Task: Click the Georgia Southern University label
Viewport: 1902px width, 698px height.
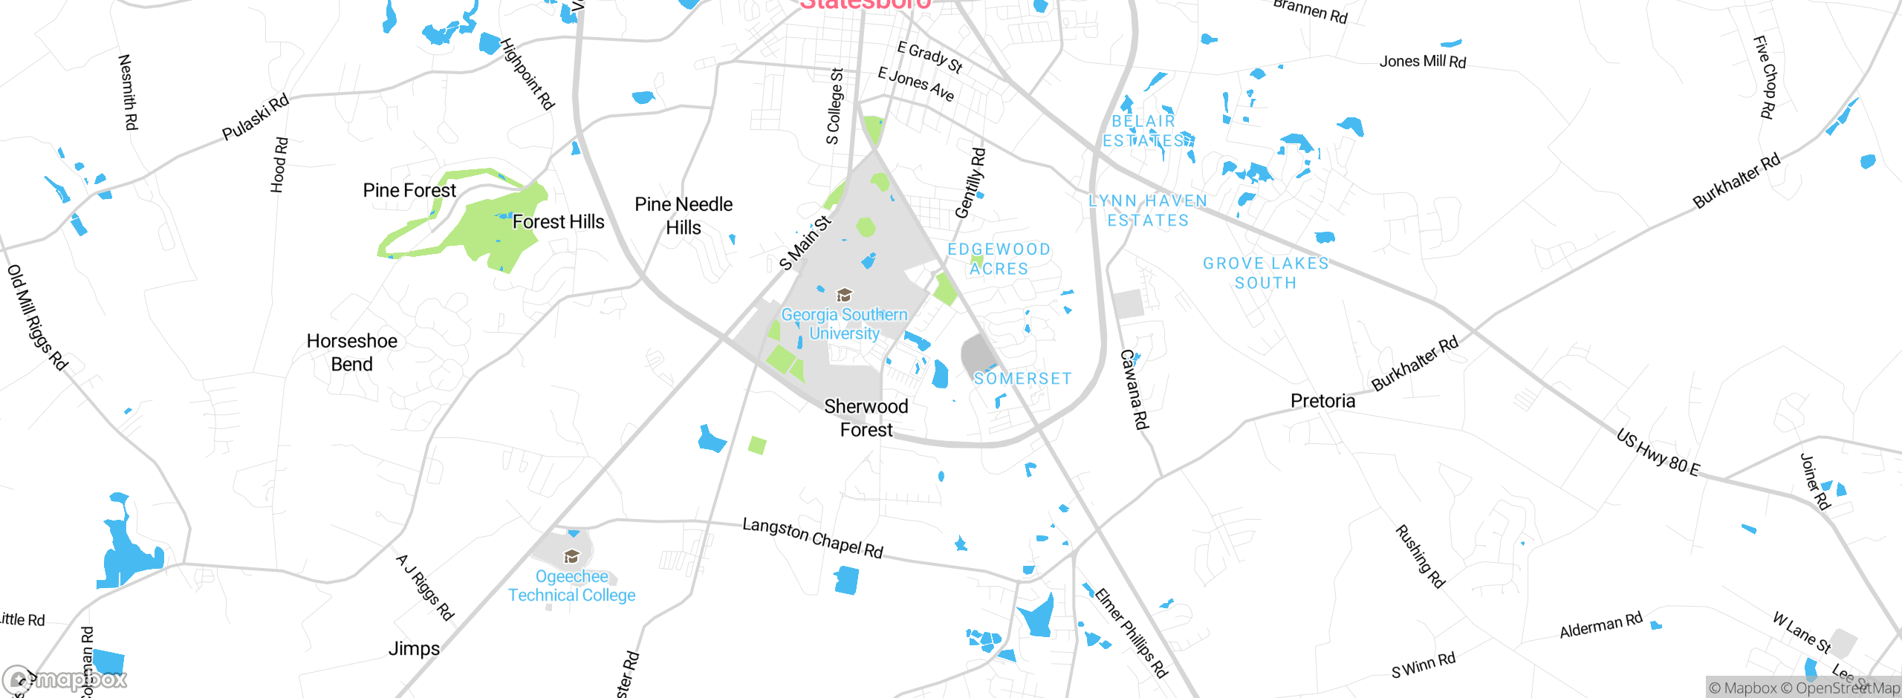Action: tap(844, 324)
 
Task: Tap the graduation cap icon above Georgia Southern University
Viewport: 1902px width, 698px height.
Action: tap(844, 295)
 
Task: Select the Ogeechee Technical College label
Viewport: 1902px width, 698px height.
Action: tap(571, 586)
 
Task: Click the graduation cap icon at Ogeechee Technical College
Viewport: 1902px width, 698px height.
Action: tap(571, 556)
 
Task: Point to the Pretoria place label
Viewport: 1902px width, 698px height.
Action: tap(1322, 401)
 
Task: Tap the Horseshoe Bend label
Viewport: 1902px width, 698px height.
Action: tap(352, 353)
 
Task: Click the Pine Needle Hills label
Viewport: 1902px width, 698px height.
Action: tap(684, 215)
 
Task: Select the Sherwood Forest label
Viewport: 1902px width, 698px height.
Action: tap(866, 418)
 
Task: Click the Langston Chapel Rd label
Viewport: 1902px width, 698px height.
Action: tap(813, 538)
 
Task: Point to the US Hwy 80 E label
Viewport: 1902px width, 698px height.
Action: tap(1658, 452)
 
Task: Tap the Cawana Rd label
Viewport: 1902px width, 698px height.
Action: tap(1134, 389)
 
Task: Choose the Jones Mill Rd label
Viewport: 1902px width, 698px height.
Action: tap(1422, 62)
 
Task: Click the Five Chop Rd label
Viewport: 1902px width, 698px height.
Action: tap(1765, 77)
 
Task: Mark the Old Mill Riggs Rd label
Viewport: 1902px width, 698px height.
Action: tap(37, 317)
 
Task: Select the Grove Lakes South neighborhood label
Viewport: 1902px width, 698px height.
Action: tap(1265, 273)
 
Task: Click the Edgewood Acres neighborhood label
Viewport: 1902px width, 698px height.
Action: tap(999, 259)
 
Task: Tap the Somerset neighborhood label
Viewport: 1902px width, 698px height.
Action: tap(1022, 379)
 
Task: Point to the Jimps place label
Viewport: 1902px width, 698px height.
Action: tap(414, 649)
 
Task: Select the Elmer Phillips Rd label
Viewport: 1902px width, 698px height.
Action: tap(1131, 633)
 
